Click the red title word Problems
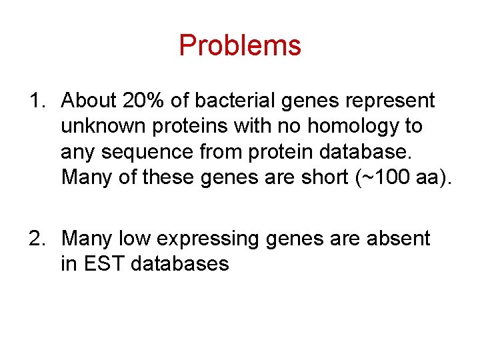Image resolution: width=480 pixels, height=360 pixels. tap(240, 45)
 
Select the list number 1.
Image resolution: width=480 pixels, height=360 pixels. tap(35, 101)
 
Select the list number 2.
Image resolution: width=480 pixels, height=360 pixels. tap(35, 239)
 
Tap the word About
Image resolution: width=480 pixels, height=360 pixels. tap(89, 101)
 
